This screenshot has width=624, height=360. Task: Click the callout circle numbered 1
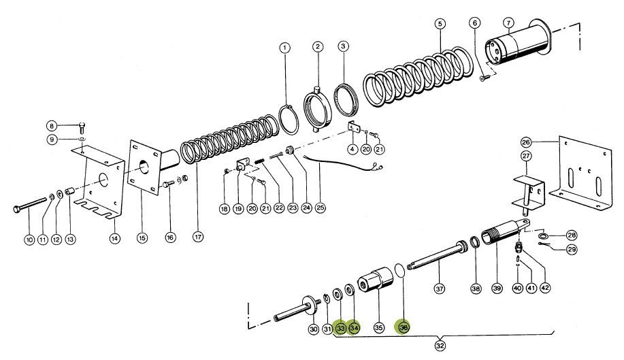[x=284, y=48]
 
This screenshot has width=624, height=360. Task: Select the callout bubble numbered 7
[x=508, y=22]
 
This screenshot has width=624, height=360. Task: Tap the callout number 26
[x=525, y=143]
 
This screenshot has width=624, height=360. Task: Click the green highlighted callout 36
[x=405, y=327]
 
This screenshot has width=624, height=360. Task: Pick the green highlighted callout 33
[x=341, y=327]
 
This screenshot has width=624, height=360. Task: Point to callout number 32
[x=440, y=344]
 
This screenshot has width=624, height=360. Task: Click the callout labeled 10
[x=29, y=239]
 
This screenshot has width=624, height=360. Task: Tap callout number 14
[x=114, y=238]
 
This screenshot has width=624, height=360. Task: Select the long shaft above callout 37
[x=436, y=254]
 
